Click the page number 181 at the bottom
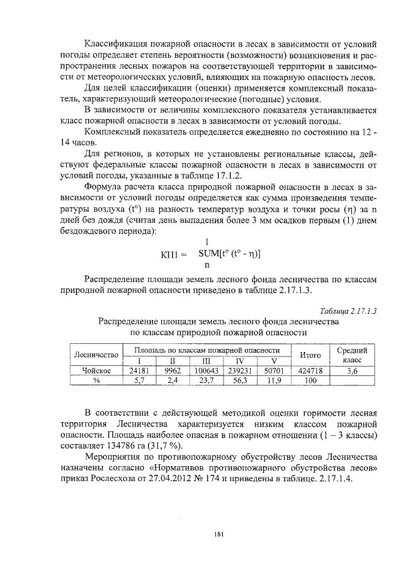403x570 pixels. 219,535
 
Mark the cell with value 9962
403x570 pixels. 173,371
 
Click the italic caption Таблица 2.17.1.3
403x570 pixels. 348,311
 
